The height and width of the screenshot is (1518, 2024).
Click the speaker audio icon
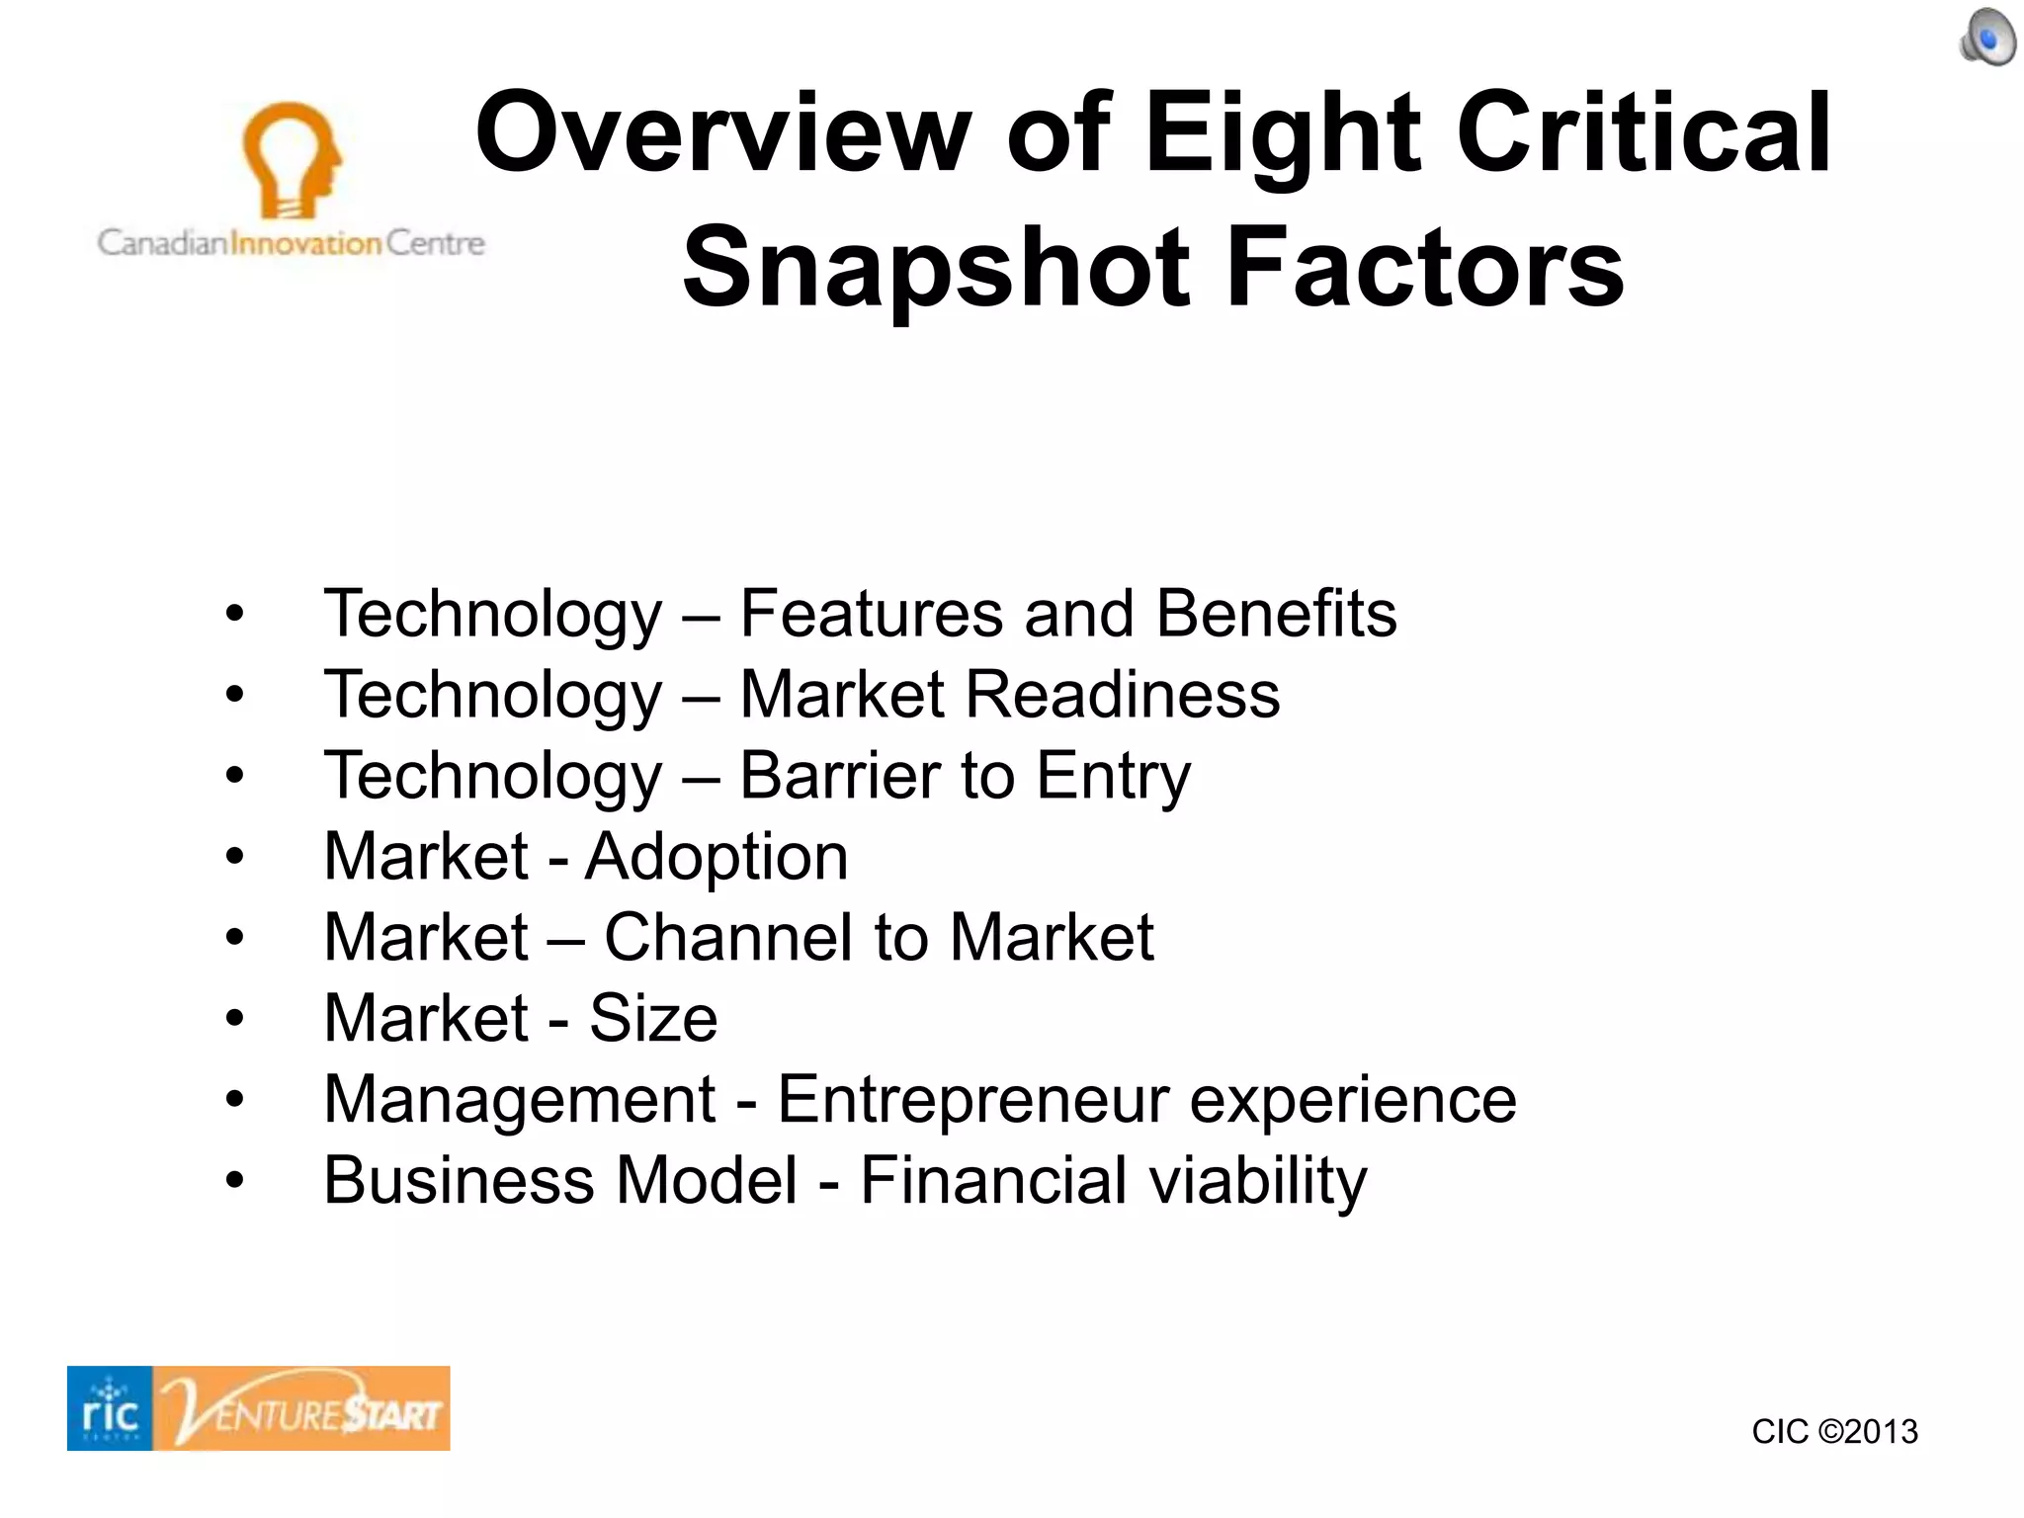(1987, 39)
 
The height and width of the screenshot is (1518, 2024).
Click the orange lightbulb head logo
(290, 159)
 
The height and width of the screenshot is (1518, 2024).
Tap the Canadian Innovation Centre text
(291, 243)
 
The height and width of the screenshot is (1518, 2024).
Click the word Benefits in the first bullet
(1276, 614)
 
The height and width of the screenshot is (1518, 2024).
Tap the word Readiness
(1122, 695)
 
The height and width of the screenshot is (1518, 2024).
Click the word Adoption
(717, 857)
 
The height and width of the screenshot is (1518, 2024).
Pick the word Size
(653, 1019)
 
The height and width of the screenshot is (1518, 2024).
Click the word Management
(520, 1100)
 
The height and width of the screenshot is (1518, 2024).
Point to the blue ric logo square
(110, 1408)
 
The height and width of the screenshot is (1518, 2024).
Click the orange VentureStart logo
(302, 1408)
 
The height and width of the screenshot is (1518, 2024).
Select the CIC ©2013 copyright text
(1834, 1431)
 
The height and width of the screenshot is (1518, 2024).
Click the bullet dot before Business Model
(234, 1180)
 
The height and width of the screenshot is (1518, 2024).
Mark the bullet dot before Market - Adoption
(234, 856)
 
